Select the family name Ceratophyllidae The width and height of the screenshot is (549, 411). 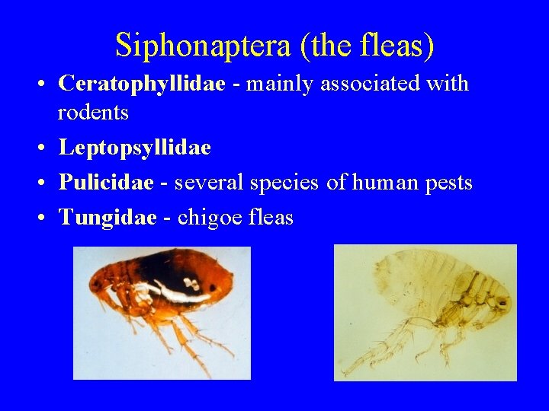pos(142,84)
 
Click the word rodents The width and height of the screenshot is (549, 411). pos(93,113)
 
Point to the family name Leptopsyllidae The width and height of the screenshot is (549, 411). pos(134,148)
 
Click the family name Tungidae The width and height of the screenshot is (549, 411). pos(108,218)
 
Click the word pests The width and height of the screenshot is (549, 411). pos(448,183)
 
